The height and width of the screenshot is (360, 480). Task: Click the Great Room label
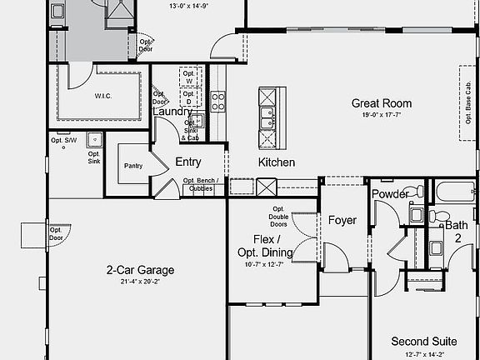coord(381,103)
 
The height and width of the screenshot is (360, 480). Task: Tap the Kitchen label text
coord(276,162)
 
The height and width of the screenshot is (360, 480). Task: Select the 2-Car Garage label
coord(140,270)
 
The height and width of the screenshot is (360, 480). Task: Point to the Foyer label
coord(342,221)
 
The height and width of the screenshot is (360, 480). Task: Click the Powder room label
coord(390,194)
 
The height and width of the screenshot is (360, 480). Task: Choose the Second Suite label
coord(423,342)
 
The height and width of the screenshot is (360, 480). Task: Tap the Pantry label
coord(133,166)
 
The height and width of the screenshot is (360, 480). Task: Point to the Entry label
coord(187,162)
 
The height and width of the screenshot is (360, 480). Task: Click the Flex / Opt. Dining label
coord(266,246)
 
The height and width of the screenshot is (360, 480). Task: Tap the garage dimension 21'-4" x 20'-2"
coord(140,282)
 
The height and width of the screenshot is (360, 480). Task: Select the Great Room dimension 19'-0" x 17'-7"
coord(381,116)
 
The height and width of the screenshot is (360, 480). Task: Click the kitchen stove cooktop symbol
coord(218,102)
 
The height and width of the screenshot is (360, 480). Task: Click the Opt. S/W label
coord(63,139)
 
